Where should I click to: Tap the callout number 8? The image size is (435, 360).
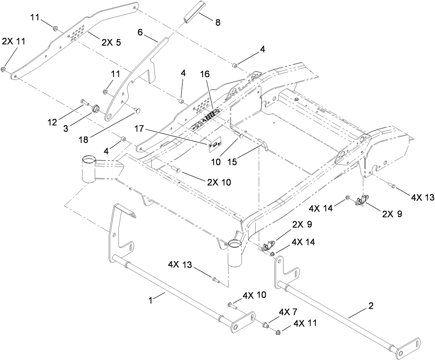218,23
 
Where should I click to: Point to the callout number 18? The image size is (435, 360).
84,140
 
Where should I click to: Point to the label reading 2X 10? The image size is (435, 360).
219,182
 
